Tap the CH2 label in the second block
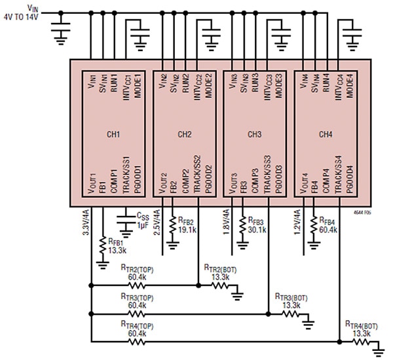[x=184, y=134]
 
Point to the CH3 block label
[x=255, y=134]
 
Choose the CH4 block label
[x=326, y=134]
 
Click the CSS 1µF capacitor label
[x=142, y=220]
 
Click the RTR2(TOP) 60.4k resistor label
[x=138, y=272]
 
